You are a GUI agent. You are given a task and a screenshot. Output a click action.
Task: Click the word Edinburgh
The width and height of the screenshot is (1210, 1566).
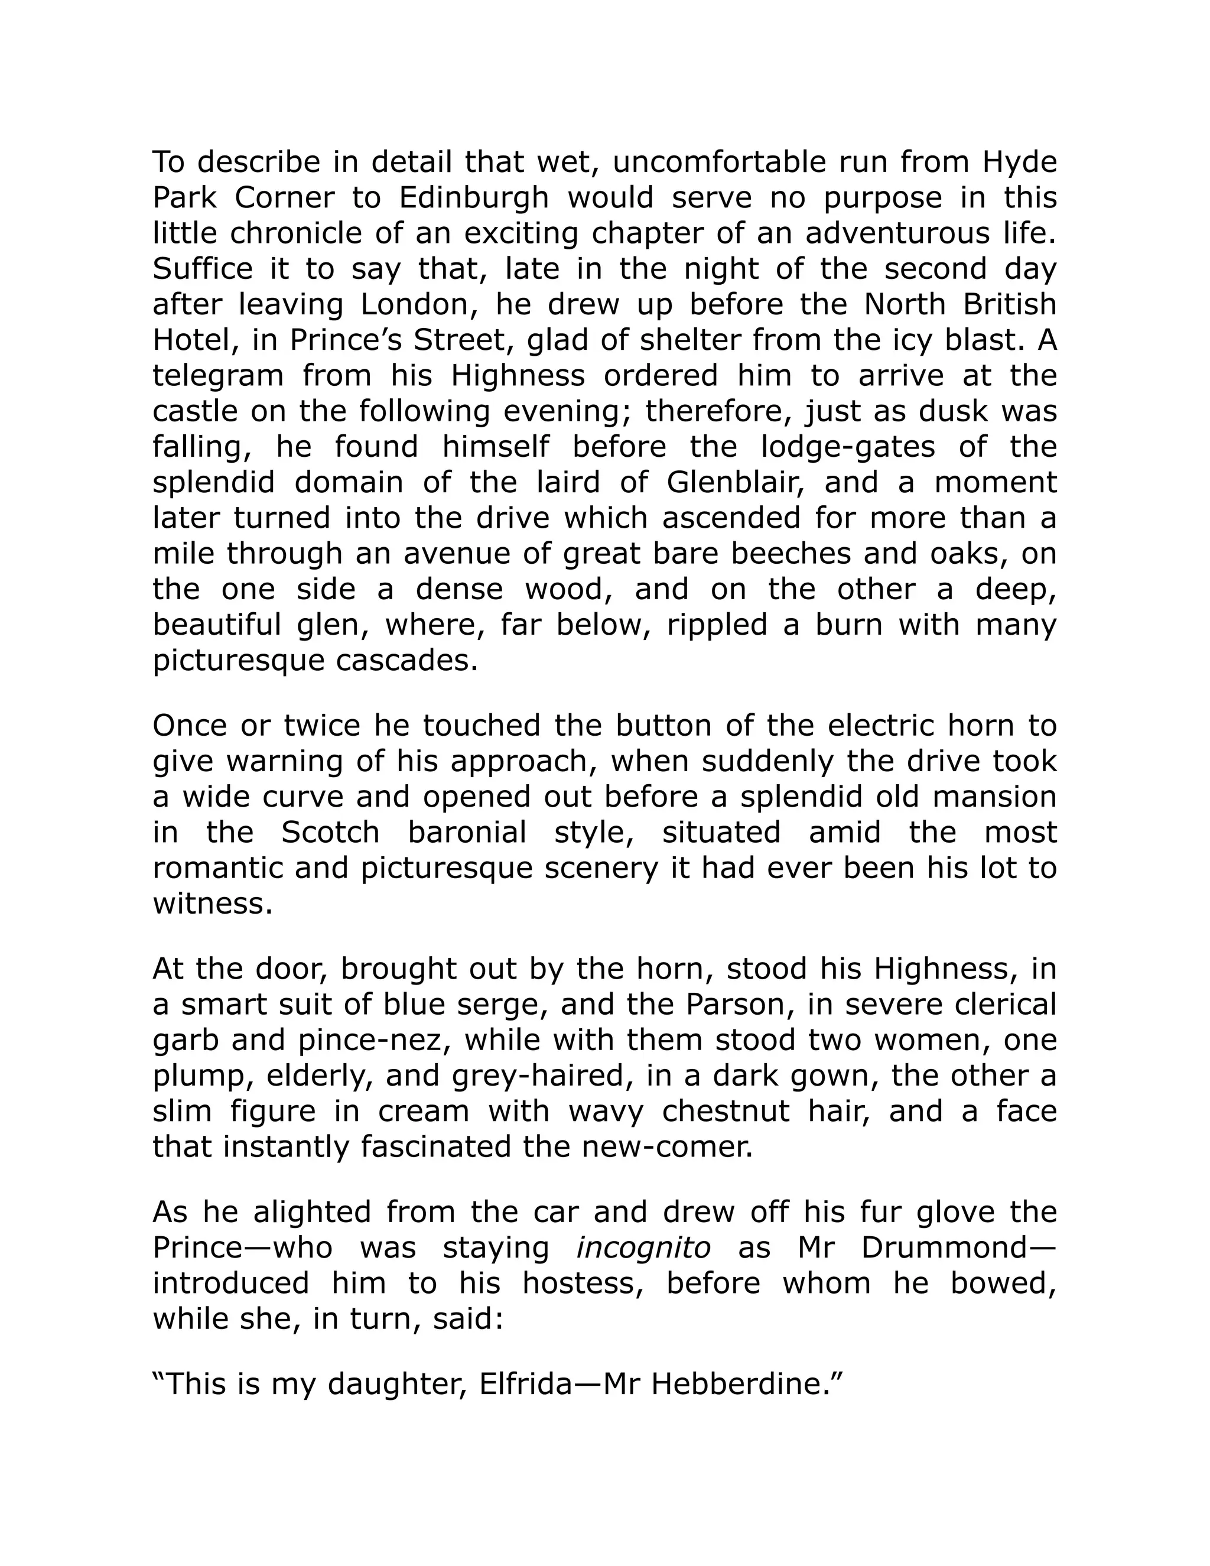[x=473, y=198]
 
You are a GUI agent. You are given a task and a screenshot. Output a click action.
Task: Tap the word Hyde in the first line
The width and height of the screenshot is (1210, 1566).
[x=1019, y=163]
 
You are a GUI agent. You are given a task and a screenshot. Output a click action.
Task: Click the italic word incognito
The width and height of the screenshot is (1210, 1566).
[x=643, y=1247]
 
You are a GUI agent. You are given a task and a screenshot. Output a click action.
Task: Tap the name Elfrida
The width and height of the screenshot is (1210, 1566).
[x=525, y=1384]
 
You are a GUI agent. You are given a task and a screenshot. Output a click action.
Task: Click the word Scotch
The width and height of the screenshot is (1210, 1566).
[x=330, y=833]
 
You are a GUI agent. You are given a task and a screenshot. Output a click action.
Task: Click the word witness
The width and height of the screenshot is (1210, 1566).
[x=212, y=904]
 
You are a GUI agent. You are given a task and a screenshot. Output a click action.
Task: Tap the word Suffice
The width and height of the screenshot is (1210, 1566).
[x=202, y=269]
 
